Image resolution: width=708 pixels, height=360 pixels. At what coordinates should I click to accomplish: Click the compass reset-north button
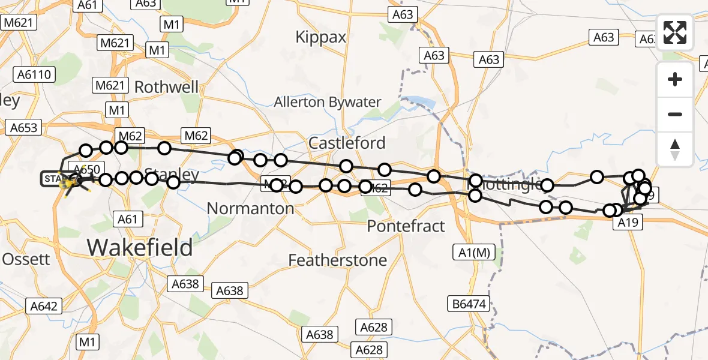click(675, 149)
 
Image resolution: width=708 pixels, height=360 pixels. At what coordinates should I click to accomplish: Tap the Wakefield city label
click(140, 247)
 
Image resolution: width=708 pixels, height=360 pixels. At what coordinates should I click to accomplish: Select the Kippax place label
click(321, 37)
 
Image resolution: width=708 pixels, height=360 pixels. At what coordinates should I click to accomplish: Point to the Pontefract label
click(406, 226)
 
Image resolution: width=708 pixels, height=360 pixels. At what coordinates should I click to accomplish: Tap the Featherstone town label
click(337, 260)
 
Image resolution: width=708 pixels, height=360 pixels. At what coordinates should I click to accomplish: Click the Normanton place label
click(250, 209)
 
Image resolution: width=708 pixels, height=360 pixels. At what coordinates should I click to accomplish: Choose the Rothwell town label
click(166, 87)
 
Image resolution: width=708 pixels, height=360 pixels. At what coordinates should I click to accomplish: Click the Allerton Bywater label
click(327, 102)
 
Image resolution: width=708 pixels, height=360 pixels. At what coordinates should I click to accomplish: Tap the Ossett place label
click(26, 259)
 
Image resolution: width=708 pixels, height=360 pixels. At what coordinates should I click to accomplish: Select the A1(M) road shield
click(473, 253)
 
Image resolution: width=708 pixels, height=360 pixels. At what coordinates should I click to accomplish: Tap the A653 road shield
click(24, 127)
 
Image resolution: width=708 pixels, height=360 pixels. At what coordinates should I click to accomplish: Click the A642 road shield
click(44, 307)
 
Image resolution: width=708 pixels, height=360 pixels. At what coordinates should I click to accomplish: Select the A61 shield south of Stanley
click(128, 220)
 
